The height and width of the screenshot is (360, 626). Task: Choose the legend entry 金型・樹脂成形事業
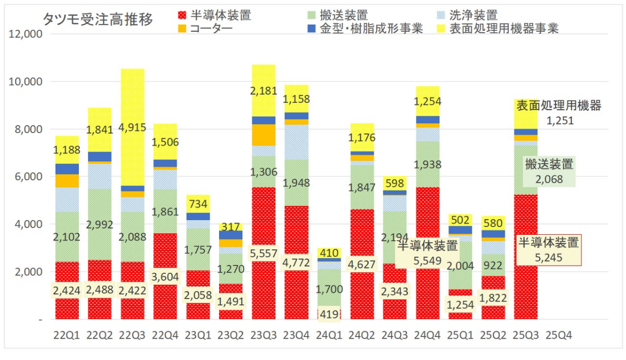coord(379,28)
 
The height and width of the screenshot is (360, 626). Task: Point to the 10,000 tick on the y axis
coord(27,81)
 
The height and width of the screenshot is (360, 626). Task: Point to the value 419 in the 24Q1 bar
coord(329,314)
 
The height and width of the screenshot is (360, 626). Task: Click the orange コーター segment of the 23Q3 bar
coord(264,135)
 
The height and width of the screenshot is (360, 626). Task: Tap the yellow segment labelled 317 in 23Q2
coord(231,227)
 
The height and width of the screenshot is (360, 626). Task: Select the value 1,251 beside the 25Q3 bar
coord(560,121)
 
